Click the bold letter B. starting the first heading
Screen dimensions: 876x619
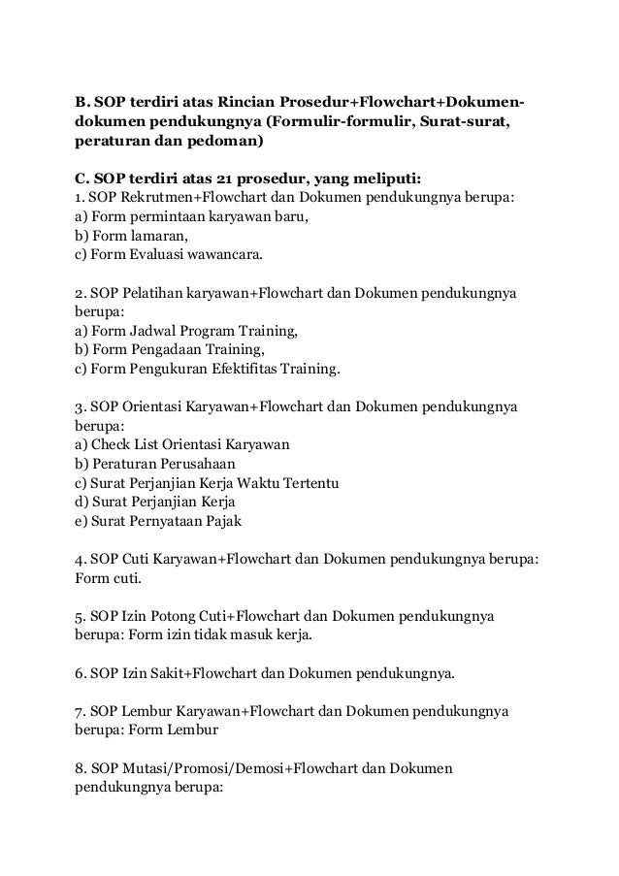82,102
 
